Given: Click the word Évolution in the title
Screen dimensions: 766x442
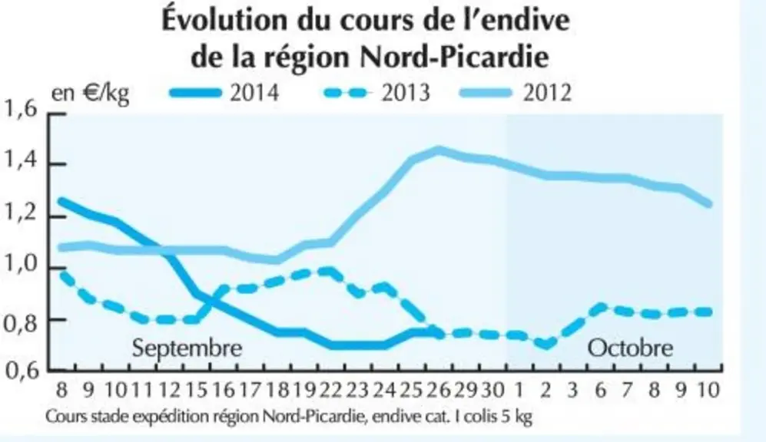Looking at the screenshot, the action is click(x=225, y=21).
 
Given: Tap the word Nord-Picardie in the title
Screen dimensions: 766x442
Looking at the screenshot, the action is click(x=454, y=58).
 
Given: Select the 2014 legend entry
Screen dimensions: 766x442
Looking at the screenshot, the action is click(x=224, y=93).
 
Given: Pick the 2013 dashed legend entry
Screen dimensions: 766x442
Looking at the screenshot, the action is click(x=376, y=93).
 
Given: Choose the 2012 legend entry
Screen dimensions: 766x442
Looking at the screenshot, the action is click(x=516, y=93).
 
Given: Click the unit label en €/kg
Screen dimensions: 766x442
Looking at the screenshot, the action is click(x=91, y=93).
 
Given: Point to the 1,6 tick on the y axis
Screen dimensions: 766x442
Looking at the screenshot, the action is click(x=20, y=109).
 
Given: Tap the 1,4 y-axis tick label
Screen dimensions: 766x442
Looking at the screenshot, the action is click(x=20, y=160).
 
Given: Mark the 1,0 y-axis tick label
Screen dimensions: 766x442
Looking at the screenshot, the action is click(x=20, y=265).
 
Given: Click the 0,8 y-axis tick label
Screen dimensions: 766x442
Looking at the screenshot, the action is click(x=20, y=322).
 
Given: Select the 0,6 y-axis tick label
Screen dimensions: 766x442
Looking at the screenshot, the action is click(x=20, y=371).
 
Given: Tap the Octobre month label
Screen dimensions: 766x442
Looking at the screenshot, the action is click(x=630, y=348).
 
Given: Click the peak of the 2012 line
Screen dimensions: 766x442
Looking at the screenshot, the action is click(x=439, y=150).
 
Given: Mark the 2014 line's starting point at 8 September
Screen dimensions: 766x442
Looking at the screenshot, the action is click(x=61, y=200).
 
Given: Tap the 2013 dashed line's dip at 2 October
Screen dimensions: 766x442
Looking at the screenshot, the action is click(x=546, y=345).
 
